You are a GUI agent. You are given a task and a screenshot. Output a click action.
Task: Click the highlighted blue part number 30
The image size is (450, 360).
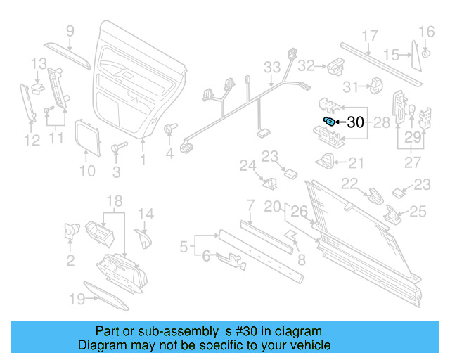(x=328, y=122)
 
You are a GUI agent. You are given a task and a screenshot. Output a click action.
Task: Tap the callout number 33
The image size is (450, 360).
(x=272, y=67)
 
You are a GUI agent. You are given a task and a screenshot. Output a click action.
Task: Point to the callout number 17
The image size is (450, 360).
(x=370, y=36)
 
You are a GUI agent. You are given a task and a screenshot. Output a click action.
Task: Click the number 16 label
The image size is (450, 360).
(x=427, y=31)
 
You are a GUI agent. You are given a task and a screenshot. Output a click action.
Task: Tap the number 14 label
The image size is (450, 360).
(x=145, y=214)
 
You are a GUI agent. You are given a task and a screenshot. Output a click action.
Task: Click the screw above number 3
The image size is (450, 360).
(x=117, y=148)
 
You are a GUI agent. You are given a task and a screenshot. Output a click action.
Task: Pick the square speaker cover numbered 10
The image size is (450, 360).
(x=86, y=136)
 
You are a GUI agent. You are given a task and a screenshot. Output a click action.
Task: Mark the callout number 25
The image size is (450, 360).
(x=418, y=210)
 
